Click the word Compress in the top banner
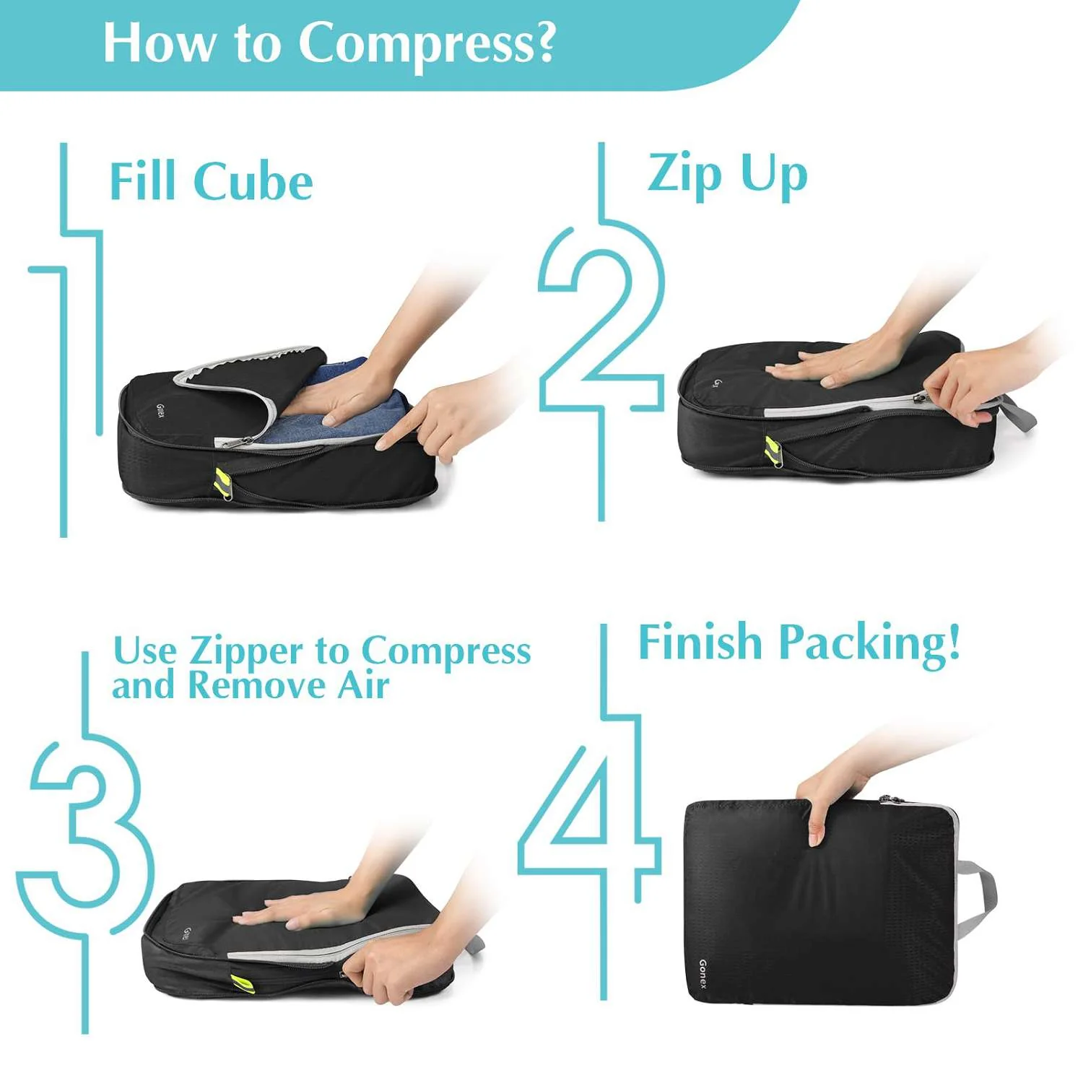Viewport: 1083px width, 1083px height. [x=426, y=43]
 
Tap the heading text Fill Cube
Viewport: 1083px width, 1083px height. [x=211, y=181]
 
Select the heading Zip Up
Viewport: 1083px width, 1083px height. [x=726, y=175]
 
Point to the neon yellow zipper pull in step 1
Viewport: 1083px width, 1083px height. [x=222, y=481]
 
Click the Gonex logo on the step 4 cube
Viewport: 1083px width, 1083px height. [x=703, y=974]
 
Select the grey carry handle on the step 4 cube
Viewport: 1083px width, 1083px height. [x=982, y=895]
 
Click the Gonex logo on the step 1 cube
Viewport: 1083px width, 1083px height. [x=160, y=412]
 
